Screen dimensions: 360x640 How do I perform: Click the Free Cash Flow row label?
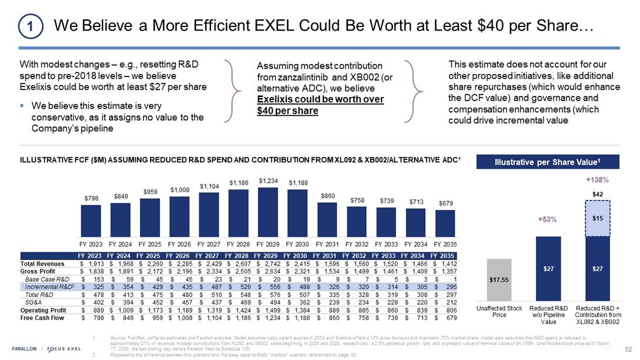43,318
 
